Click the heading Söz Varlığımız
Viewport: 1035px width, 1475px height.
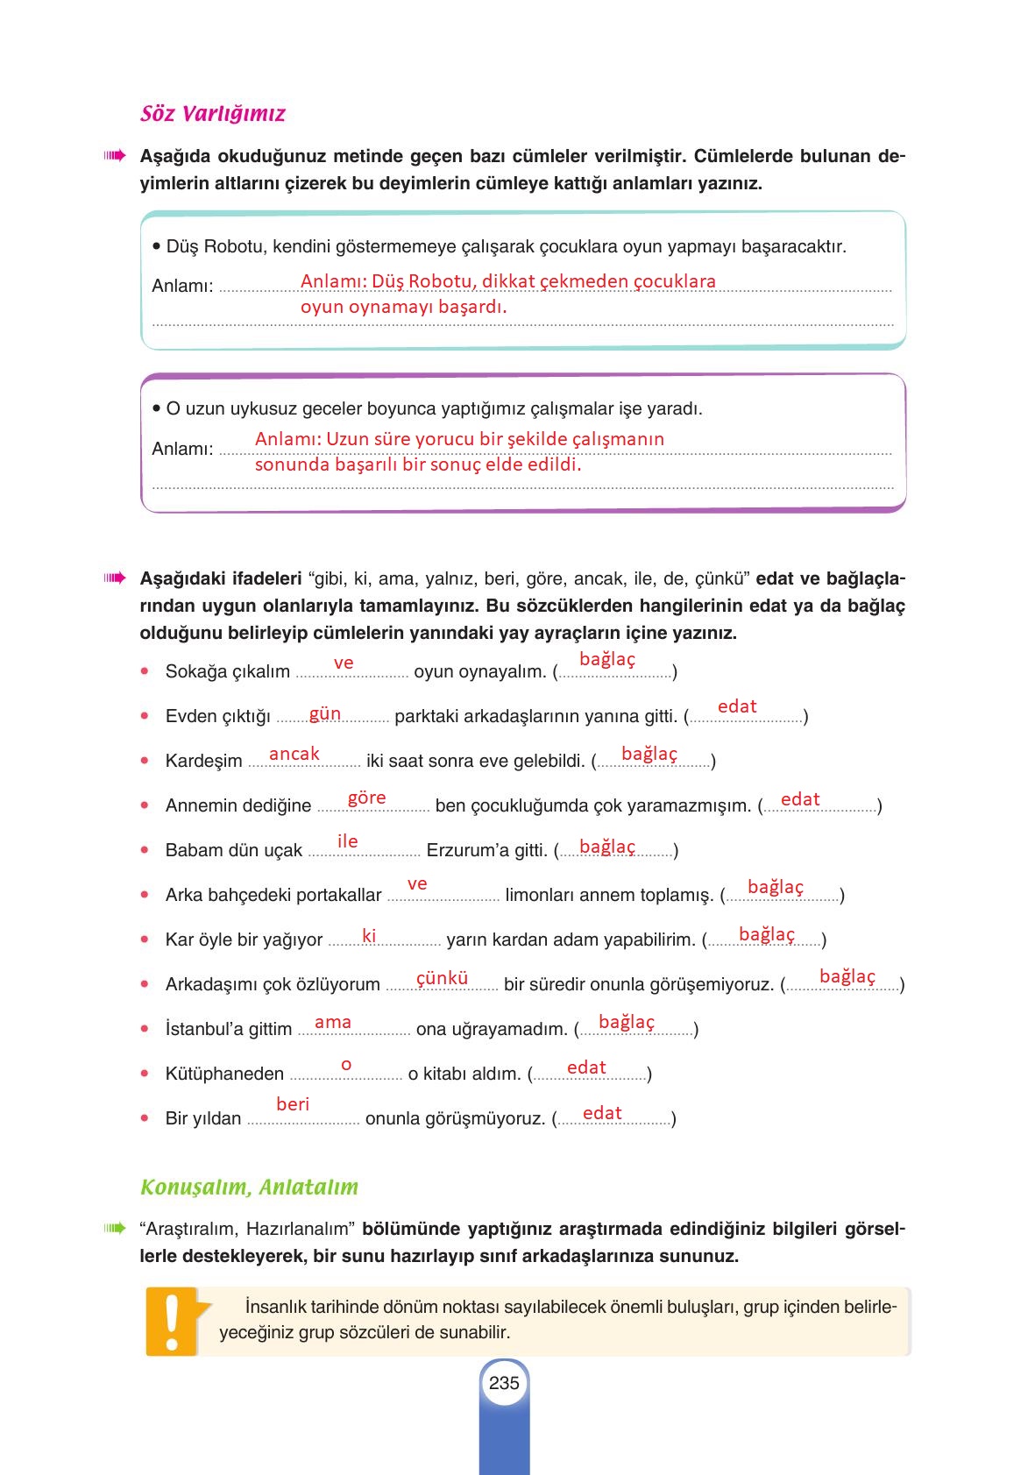pyautogui.click(x=212, y=114)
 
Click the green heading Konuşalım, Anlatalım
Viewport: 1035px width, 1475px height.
pyautogui.click(x=249, y=1188)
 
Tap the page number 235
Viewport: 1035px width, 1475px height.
pyautogui.click(x=504, y=1383)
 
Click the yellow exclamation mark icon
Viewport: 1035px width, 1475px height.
pyautogui.click(x=172, y=1323)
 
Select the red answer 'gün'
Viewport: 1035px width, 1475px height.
pyautogui.click(x=325, y=713)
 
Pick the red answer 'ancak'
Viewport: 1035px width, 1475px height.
pyautogui.click(x=294, y=754)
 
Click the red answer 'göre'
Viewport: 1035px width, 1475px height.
pyautogui.click(x=366, y=798)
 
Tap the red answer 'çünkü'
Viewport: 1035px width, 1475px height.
pyautogui.click(x=442, y=978)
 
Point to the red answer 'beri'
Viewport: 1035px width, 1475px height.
pyautogui.click(x=293, y=1104)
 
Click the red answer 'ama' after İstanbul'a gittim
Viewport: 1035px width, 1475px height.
pyautogui.click(x=333, y=1022)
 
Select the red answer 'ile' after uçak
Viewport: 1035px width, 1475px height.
pyautogui.click(x=348, y=841)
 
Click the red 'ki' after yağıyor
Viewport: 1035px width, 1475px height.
pyautogui.click(x=369, y=936)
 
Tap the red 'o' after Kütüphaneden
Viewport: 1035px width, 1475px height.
pyautogui.click(x=346, y=1065)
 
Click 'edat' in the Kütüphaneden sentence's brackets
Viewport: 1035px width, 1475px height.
pyautogui.click(x=586, y=1067)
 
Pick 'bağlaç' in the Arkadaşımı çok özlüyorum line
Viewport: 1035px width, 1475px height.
pyautogui.click(x=847, y=976)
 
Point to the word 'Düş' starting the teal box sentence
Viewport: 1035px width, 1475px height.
pyautogui.click(x=182, y=247)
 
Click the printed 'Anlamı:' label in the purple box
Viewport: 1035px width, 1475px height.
pyautogui.click(x=182, y=449)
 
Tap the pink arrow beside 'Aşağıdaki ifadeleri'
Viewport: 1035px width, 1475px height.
pyautogui.click(x=115, y=578)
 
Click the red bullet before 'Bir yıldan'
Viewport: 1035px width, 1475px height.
pyautogui.click(x=145, y=1118)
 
